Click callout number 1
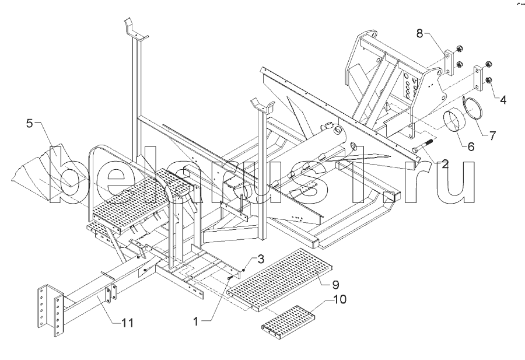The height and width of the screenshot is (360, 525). pyautogui.click(x=196, y=321)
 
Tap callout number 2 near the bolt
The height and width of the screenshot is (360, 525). pyautogui.click(x=444, y=164)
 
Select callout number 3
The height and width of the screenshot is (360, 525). pyautogui.click(x=261, y=259)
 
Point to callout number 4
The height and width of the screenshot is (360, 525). pyautogui.click(x=503, y=99)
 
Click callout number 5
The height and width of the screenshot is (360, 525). pyautogui.click(x=30, y=123)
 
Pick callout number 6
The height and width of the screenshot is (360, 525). pyautogui.click(x=471, y=146)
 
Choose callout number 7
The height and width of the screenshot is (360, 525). pyautogui.click(x=492, y=135)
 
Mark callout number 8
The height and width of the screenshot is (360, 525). pyautogui.click(x=420, y=33)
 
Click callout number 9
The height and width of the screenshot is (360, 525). pyautogui.click(x=335, y=285)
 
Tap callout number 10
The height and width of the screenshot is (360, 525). pyautogui.click(x=340, y=299)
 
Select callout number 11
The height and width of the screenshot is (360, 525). pyautogui.click(x=128, y=323)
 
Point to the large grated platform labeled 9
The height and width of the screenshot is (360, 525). pyautogui.click(x=280, y=280)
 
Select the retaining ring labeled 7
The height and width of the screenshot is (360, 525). pyautogui.click(x=473, y=107)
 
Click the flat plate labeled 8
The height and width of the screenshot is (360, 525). pyautogui.click(x=449, y=63)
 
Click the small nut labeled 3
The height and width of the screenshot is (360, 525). pyautogui.click(x=244, y=271)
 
